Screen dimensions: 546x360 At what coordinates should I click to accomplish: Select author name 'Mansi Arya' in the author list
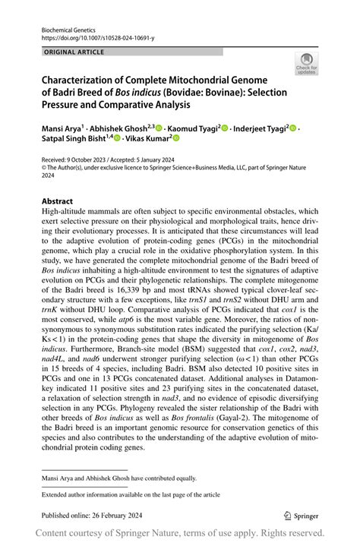(x=60, y=130)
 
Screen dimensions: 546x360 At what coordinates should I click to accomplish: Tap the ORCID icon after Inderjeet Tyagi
(x=294, y=130)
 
